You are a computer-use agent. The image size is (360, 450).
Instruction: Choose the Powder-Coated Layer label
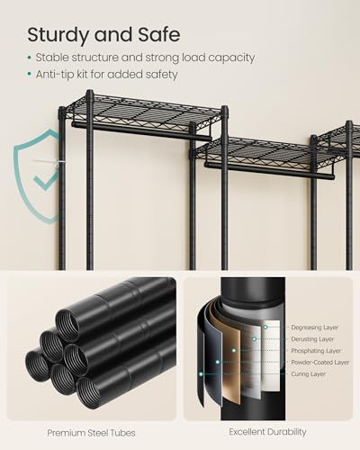pyautogui.click(x=319, y=363)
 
